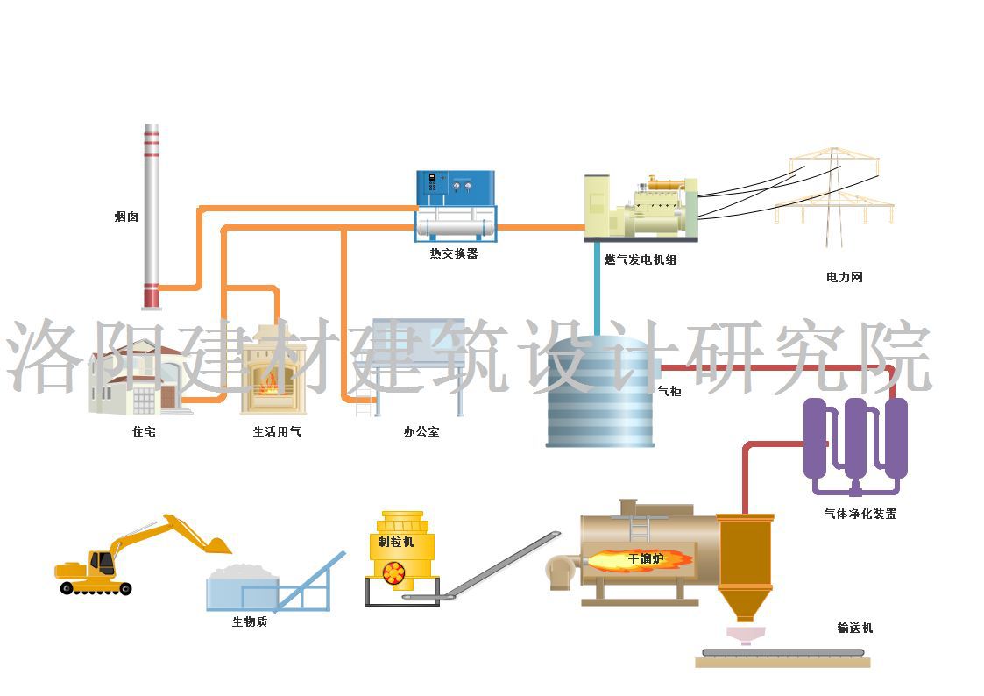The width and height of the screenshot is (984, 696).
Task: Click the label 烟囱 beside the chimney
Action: coord(126,217)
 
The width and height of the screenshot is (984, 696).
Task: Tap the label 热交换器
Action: coord(454,254)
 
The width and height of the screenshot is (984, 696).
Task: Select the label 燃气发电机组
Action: coord(641,259)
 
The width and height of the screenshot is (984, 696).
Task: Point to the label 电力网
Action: coord(845,277)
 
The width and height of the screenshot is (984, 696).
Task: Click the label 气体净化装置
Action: coord(860,514)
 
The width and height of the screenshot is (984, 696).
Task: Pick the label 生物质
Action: coord(250,621)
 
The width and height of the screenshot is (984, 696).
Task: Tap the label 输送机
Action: coord(855,628)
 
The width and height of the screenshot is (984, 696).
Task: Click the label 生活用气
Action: coord(277,431)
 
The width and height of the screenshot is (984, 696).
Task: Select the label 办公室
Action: coord(421,431)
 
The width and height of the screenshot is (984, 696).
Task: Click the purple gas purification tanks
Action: coord(854,443)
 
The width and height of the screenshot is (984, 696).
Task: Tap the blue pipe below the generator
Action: coord(597,285)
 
